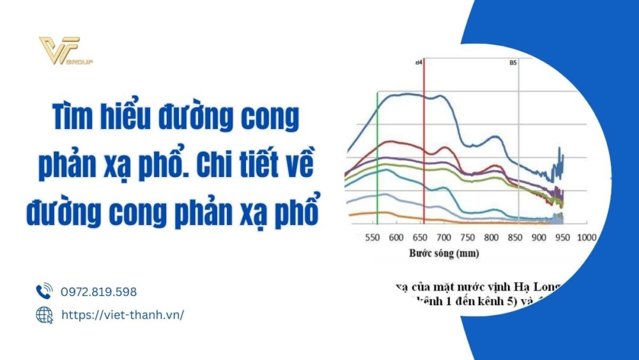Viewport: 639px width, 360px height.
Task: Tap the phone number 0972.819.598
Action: (98, 292)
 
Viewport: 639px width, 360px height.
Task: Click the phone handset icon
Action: (44, 292)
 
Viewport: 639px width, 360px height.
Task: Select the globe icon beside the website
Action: (44, 315)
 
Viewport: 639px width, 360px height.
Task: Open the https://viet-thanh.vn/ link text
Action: (122, 315)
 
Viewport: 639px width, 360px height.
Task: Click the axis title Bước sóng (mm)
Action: (444, 253)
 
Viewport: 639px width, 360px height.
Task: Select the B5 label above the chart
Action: (512, 63)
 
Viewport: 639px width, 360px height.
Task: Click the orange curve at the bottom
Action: (383, 214)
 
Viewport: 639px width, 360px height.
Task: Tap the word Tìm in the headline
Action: (72, 120)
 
